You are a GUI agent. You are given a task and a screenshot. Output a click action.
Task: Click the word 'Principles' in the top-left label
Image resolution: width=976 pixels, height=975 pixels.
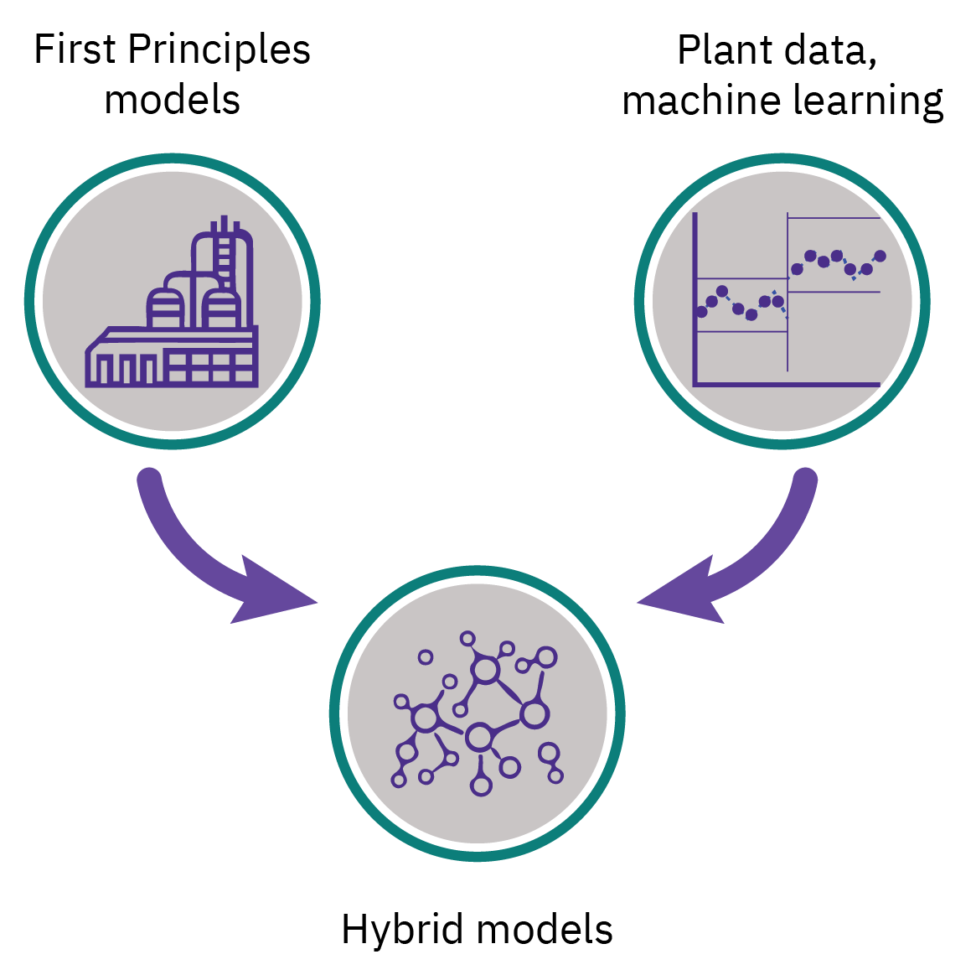coord(220,50)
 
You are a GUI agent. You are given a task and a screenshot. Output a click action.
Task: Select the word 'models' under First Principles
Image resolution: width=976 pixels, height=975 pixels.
coord(173,99)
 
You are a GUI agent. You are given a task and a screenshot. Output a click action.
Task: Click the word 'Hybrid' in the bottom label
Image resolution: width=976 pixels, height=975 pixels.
coord(402,930)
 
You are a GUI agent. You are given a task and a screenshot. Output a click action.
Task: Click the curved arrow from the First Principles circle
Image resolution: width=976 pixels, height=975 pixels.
coord(193,553)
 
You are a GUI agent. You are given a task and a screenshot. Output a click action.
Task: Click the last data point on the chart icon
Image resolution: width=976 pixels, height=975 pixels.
coord(880,256)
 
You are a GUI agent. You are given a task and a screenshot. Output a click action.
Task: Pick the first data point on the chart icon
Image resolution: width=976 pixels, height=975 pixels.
coord(701,312)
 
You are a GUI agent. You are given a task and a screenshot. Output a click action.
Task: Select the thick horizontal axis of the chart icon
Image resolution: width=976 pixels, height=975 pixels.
coord(788,385)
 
